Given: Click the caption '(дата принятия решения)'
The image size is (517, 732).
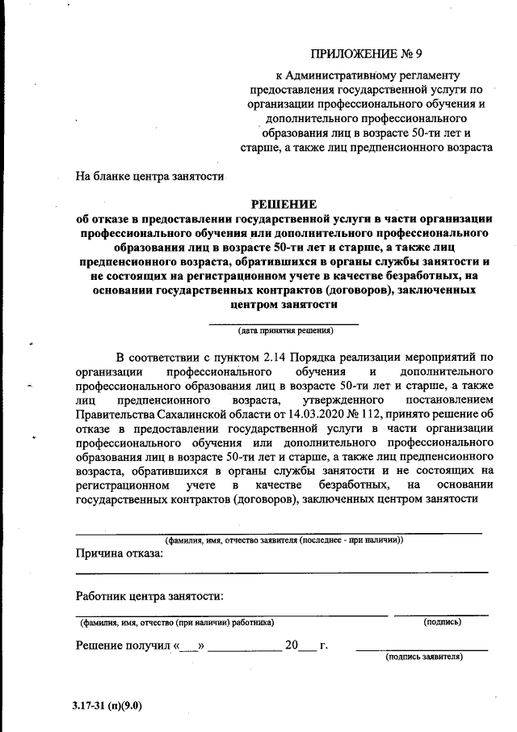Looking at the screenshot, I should click(285, 331).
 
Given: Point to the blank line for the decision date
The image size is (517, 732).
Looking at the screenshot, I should click(284, 323).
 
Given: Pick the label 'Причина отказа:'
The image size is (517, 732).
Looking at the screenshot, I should click(119, 553).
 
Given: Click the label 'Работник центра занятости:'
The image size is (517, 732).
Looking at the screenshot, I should click(149, 596).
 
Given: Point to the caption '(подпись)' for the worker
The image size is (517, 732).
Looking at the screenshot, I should click(442, 622).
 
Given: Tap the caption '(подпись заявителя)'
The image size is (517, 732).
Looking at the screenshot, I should click(424, 657).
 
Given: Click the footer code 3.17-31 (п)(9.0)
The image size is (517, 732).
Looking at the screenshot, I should click(106, 704).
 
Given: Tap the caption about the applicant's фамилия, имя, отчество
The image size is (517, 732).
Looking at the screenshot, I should click(284, 539).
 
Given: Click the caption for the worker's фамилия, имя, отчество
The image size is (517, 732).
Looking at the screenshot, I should click(176, 622).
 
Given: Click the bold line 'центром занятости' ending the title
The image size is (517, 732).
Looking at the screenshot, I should click(284, 305).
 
